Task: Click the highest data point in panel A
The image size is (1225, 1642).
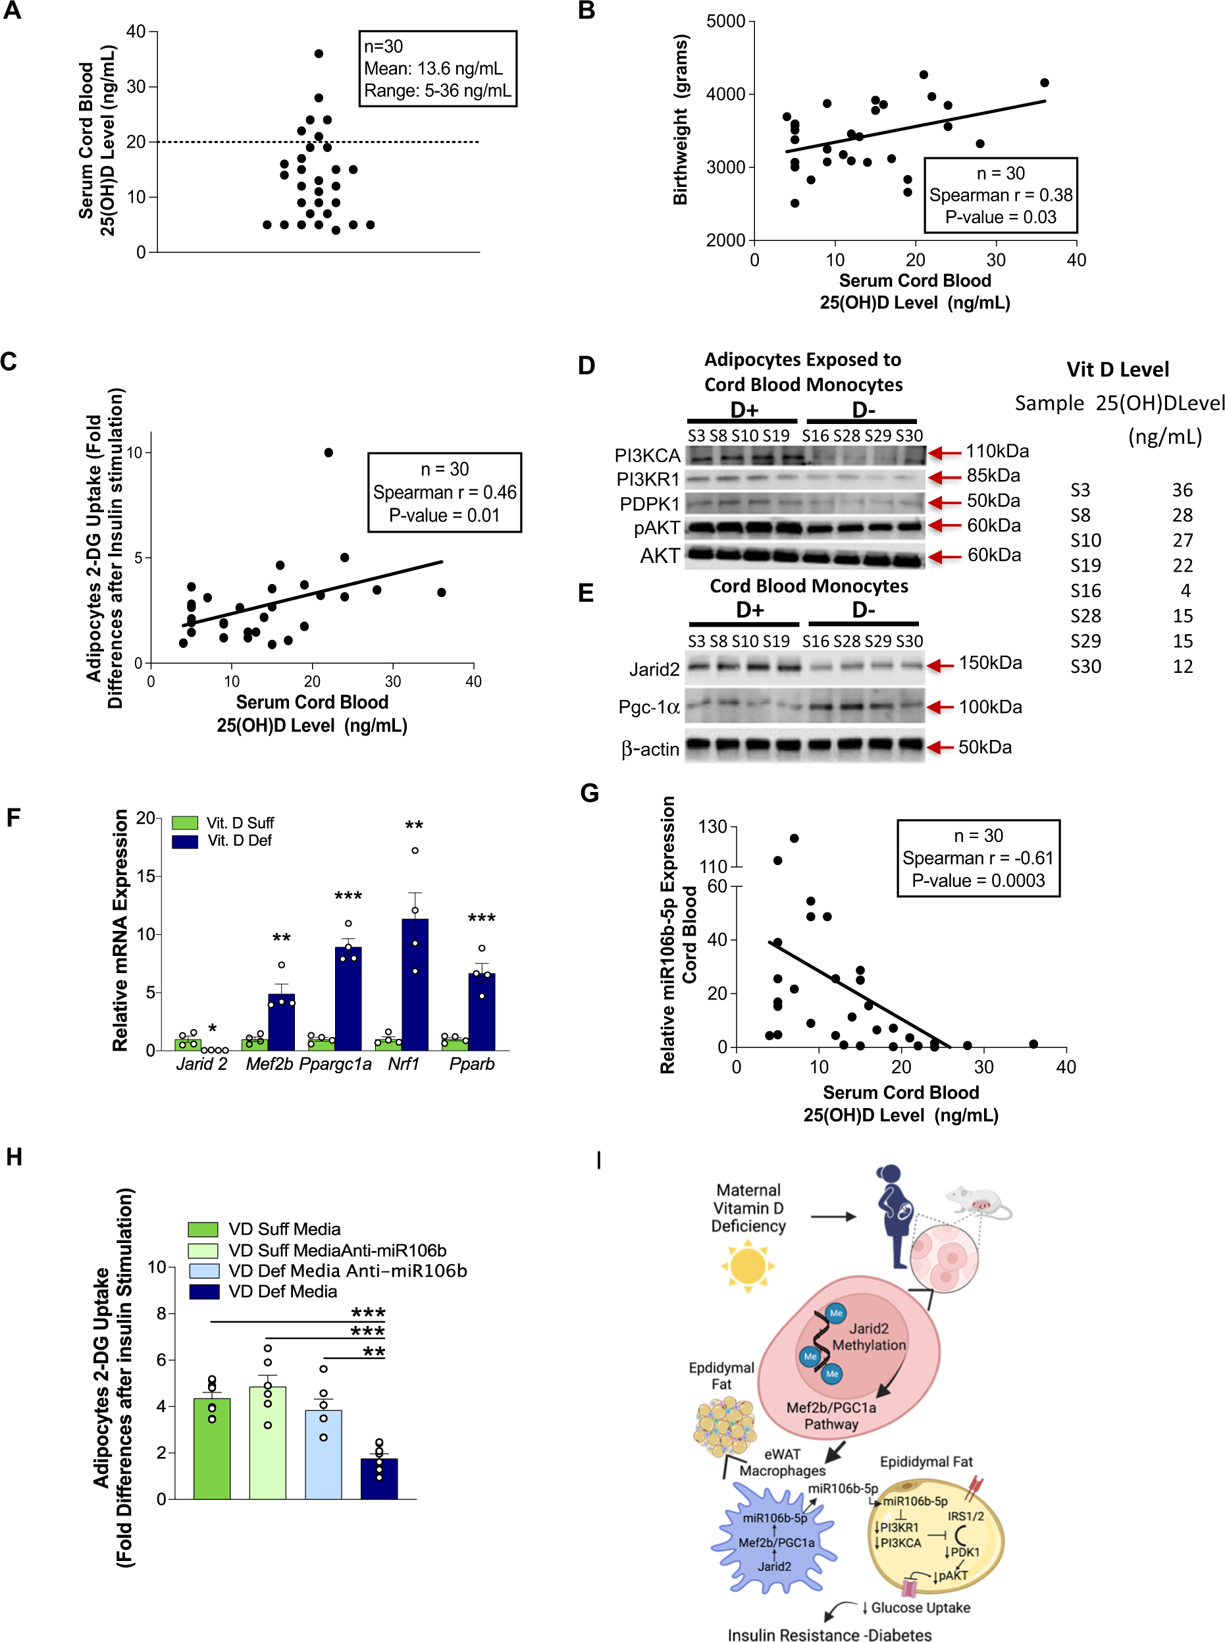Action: coord(319,53)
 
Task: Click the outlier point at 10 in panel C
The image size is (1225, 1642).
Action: coord(328,452)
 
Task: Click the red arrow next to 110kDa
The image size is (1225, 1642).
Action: coord(945,452)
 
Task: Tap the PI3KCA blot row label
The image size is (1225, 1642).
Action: coord(646,456)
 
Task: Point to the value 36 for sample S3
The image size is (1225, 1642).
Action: coord(1182,490)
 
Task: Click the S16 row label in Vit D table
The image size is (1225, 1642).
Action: coord(1085,591)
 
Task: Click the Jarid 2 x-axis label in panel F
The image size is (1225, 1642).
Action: coord(201,1064)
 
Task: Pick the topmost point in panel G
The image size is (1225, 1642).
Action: coord(793,839)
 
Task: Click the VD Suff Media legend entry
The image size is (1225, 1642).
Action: coord(284,1229)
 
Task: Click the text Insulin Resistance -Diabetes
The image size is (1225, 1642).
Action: coord(828,1635)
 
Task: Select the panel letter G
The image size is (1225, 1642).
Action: coord(590,793)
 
